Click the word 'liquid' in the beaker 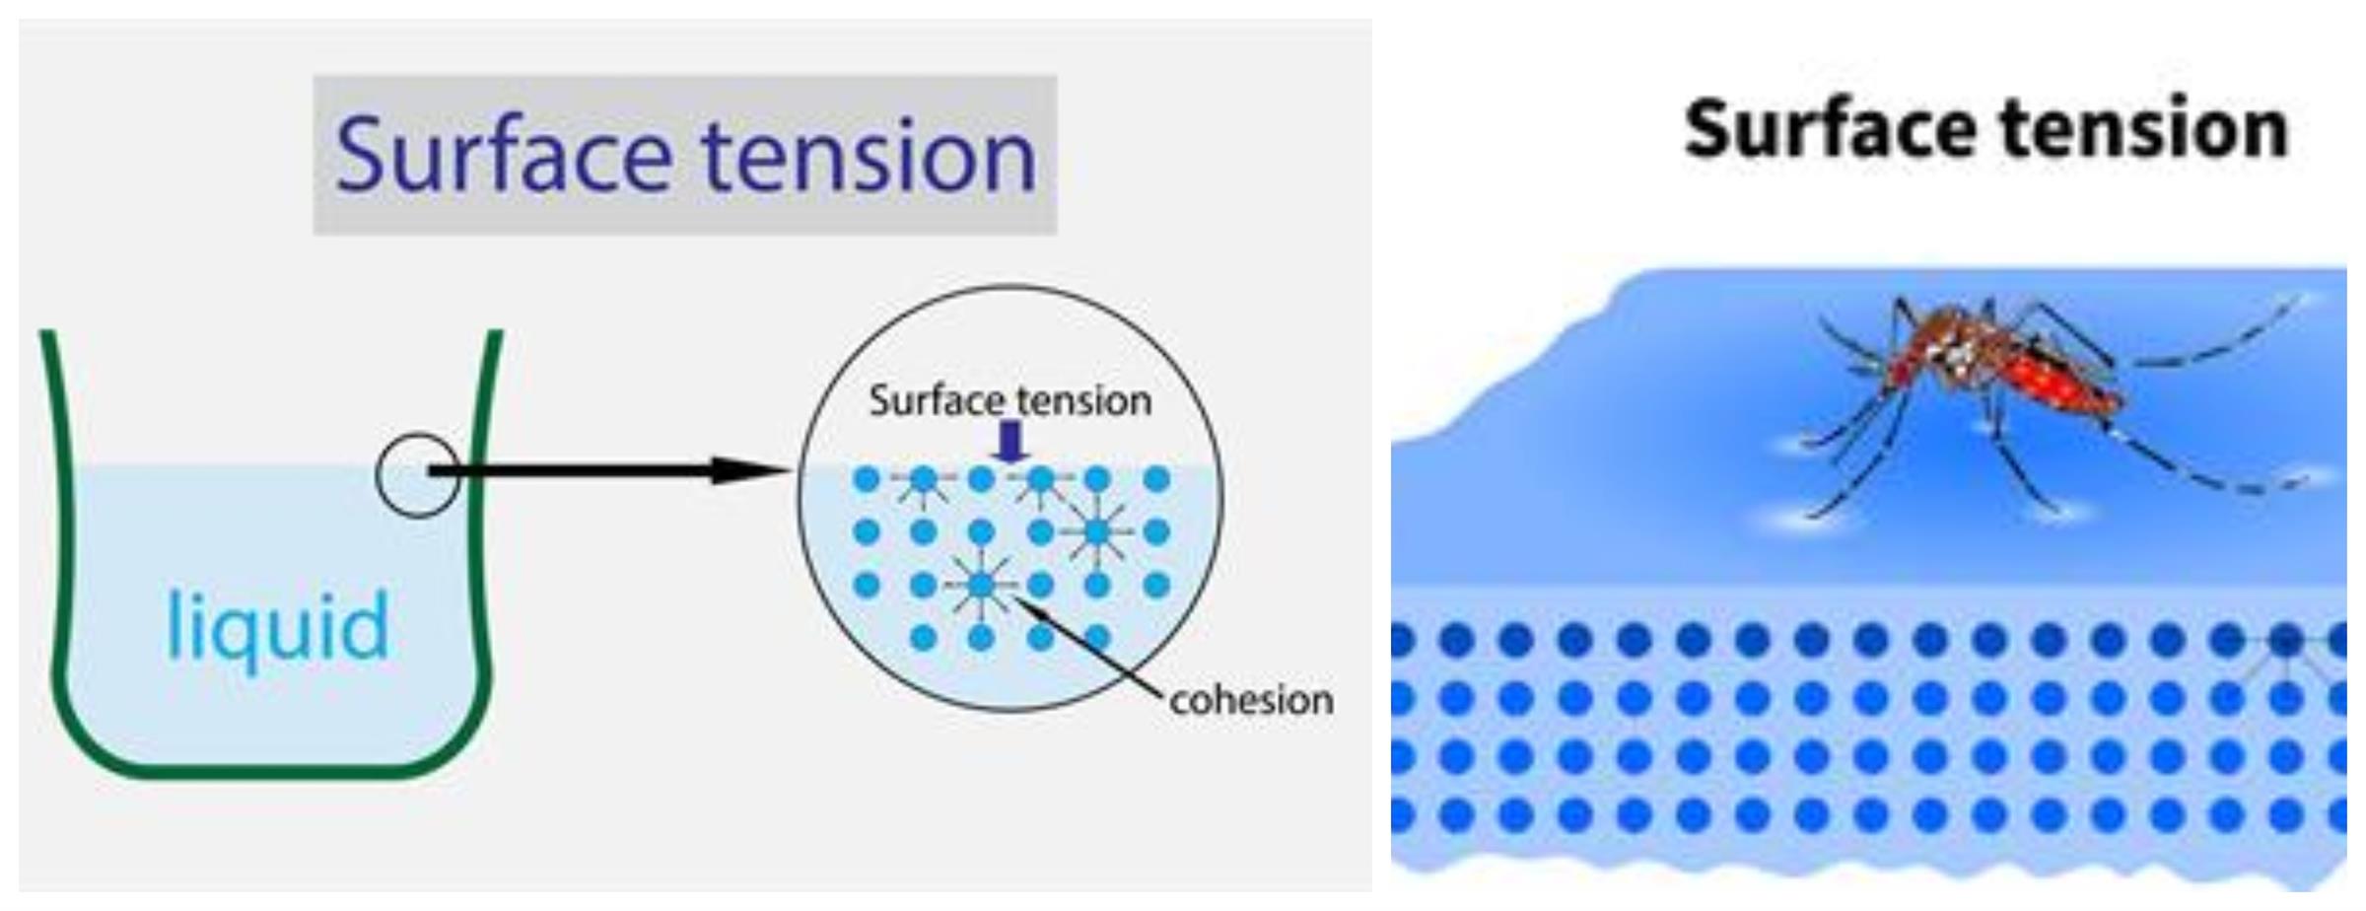(x=278, y=626)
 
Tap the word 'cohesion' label (x=1251, y=700)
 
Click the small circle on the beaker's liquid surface (x=417, y=475)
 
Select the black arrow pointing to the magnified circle (x=608, y=471)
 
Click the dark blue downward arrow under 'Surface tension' (x=1009, y=441)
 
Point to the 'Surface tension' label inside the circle (x=1009, y=400)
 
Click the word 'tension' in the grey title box (x=869, y=156)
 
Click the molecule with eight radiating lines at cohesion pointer (x=981, y=586)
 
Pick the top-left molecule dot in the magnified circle (x=866, y=480)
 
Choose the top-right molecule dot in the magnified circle (x=1156, y=480)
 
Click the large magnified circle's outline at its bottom (x=1009, y=710)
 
